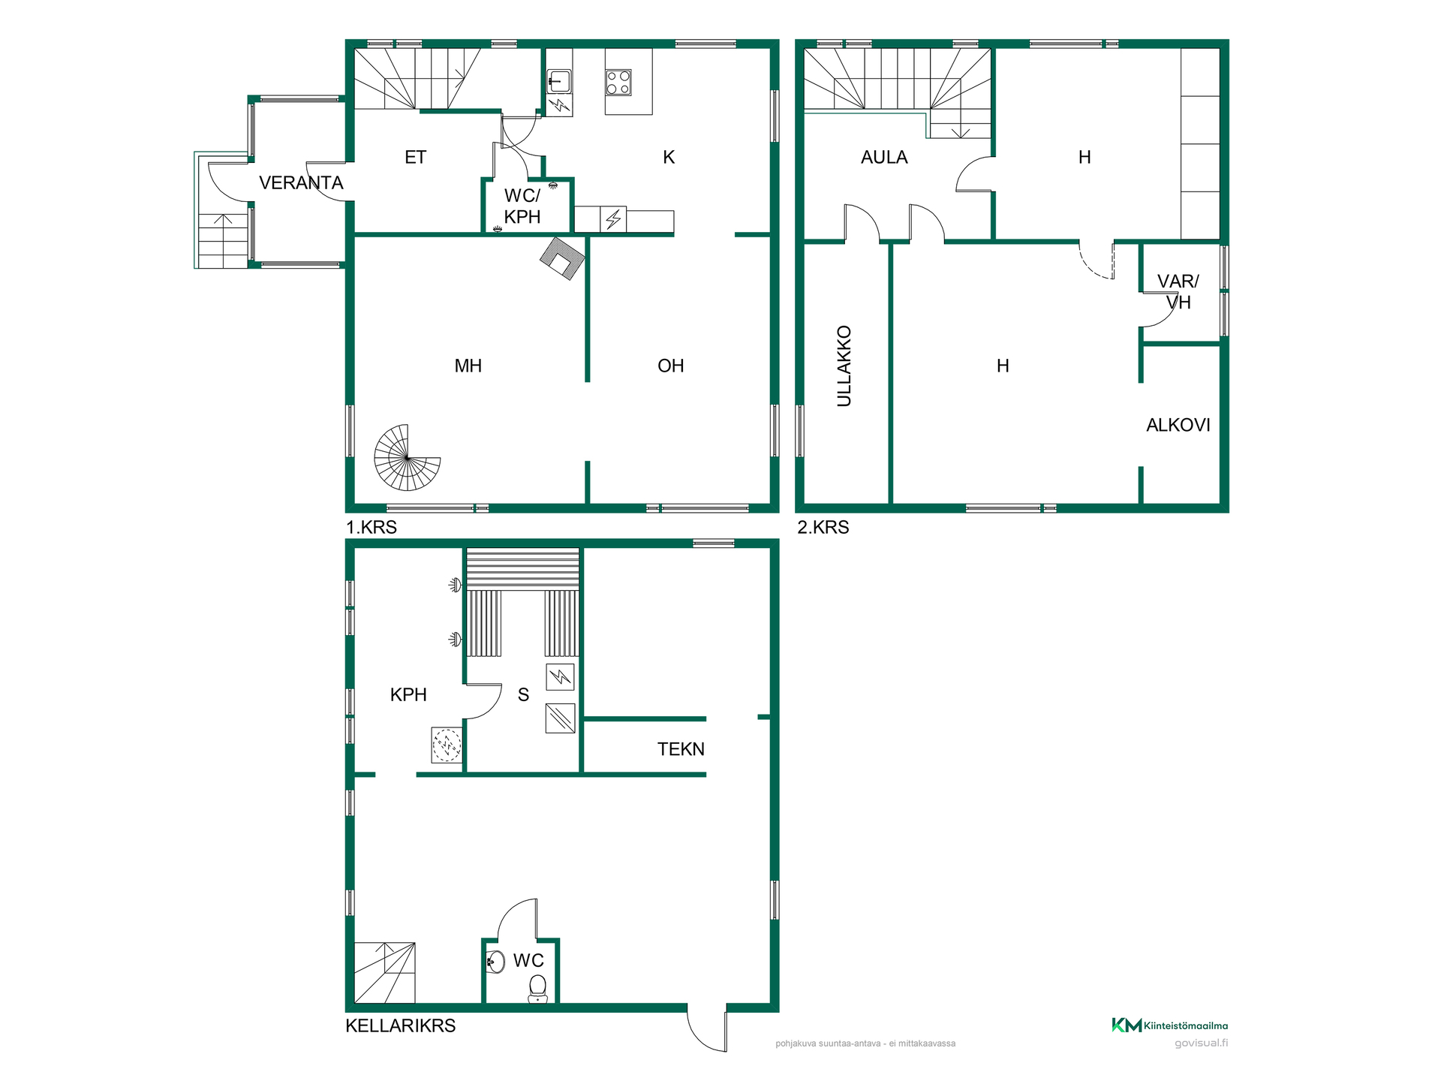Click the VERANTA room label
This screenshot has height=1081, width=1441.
point(301,182)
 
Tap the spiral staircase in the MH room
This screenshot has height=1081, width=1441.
point(408,457)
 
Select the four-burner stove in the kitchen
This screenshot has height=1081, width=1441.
point(618,83)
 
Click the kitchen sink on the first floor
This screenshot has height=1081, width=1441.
point(558,80)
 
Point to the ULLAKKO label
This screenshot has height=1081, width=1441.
point(844,366)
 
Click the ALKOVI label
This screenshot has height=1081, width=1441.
point(1178,425)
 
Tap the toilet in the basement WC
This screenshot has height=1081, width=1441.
point(538,989)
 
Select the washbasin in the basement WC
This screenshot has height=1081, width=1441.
point(495,962)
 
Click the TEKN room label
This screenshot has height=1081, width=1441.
point(681,749)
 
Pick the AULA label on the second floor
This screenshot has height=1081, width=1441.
point(884,158)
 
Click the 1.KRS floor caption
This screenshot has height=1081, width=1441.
point(371,527)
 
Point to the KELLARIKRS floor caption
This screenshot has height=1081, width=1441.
point(401,1025)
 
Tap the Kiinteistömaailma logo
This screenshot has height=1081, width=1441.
point(1169,1025)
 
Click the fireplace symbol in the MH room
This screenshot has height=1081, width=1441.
point(562,258)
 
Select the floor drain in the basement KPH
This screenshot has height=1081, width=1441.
point(447,745)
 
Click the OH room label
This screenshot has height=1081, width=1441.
point(670,366)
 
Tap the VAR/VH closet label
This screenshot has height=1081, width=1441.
point(1178,292)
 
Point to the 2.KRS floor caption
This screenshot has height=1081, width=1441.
point(823,527)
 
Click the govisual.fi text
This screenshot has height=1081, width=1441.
point(1201,1043)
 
